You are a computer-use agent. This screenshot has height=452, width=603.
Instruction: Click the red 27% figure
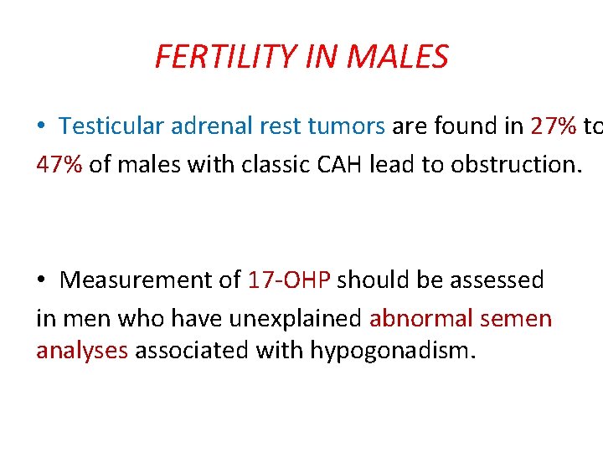[554, 126]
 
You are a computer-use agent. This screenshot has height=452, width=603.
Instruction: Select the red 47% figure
[59, 164]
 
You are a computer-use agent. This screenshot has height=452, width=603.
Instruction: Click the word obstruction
[514, 164]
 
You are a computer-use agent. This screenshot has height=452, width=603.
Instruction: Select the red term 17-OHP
[290, 280]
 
